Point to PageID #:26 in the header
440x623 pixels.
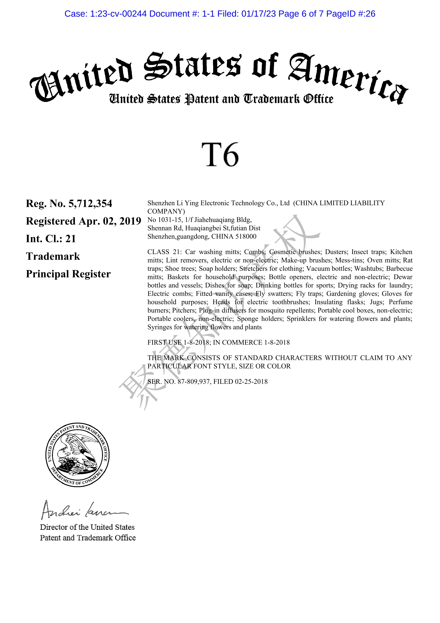coord(351,14)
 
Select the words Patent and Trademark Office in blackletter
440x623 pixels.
coord(259,99)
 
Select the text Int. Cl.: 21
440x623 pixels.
coord(51,239)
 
